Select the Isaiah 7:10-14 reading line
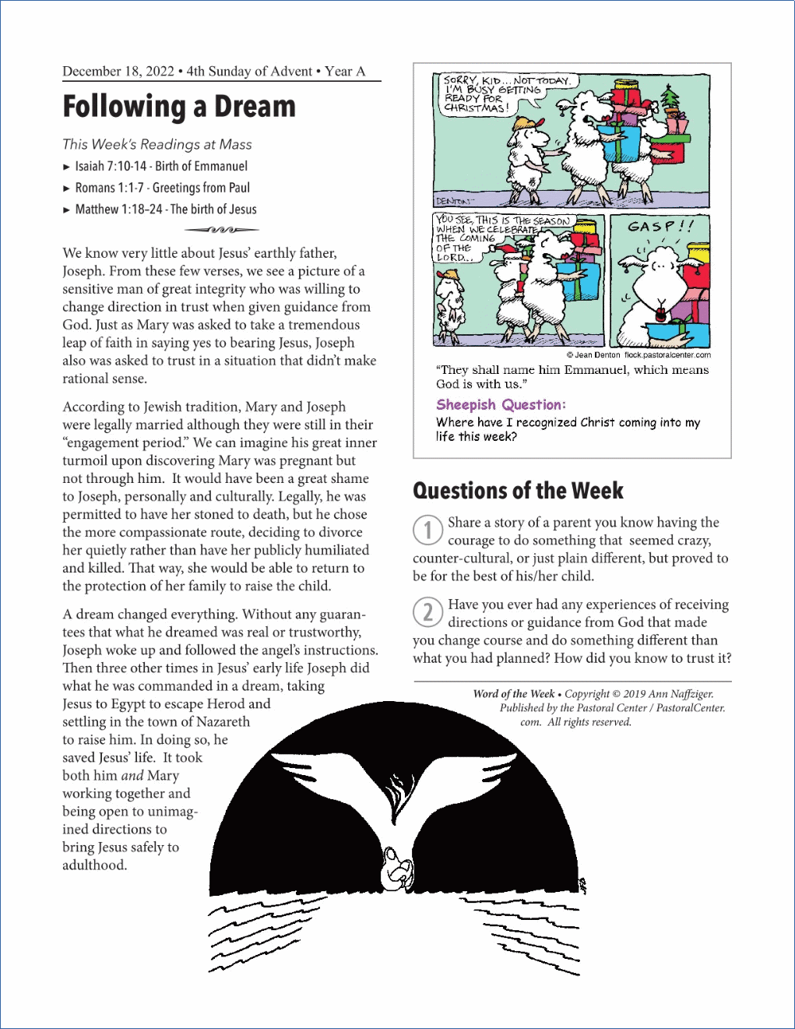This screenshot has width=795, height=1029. [x=161, y=166]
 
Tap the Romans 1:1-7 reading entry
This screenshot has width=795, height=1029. [x=162, y=188]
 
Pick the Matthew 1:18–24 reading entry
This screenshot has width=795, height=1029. [x=165, y=210]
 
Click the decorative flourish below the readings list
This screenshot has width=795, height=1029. [x=222, y=230]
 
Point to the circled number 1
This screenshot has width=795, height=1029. [x=427, y=530]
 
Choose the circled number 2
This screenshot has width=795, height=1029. [x=427, y=612]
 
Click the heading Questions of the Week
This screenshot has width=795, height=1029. [x=518, y=491]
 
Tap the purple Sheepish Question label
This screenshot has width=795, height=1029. [x=501, y=404]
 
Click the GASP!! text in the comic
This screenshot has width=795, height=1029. [x=660, y=226]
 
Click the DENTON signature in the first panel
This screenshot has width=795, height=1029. [x=455, y=201]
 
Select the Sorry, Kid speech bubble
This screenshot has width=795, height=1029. [x=498, y=93]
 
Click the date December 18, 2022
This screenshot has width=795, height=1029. [x=118, y=72]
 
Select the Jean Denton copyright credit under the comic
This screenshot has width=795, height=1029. [x=638, y=355]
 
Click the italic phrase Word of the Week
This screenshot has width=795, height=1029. [x=514, y=694]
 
